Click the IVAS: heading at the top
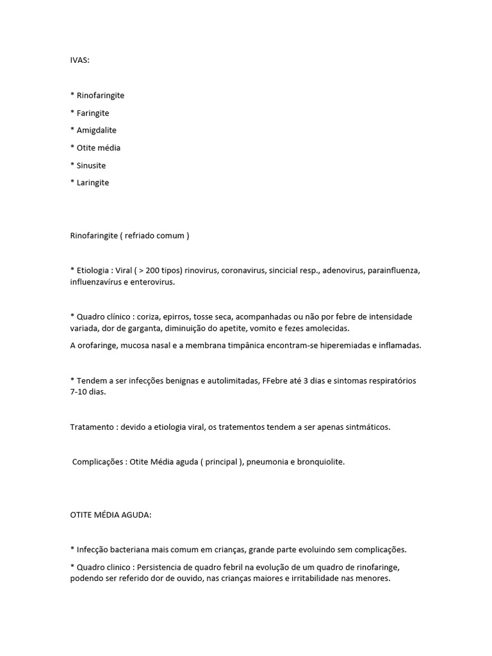80,60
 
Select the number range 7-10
79,392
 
